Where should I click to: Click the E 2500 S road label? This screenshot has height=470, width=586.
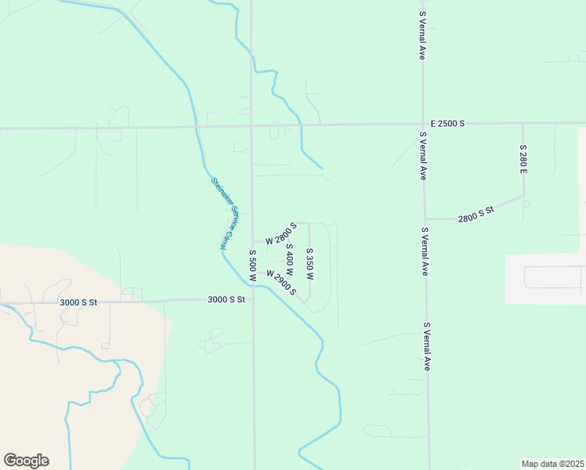448,124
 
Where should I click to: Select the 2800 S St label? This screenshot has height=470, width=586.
476,212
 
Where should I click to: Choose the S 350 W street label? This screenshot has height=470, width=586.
309,264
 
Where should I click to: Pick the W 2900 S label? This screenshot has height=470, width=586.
281,283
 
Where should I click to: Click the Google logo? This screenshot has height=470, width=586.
26,461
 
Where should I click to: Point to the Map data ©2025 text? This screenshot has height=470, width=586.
552,464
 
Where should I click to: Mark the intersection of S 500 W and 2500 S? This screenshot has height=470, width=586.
251,126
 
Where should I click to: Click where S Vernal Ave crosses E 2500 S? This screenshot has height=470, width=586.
423,125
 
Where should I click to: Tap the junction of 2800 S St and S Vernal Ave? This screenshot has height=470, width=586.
425,219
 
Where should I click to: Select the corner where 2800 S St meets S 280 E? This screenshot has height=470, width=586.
523,196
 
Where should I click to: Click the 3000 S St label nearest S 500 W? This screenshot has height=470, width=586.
226,299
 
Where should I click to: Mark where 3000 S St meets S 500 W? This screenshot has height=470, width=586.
253,299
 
